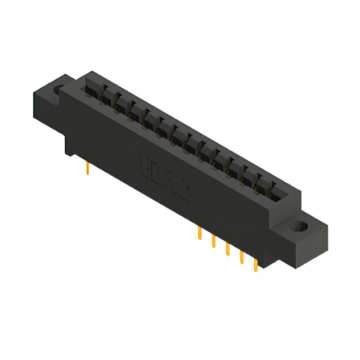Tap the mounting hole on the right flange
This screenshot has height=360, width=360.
[297, 228]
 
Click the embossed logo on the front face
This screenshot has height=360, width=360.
[164, 179]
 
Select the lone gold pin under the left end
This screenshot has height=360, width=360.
[88, 168]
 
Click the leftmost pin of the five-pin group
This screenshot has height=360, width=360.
[200, 233]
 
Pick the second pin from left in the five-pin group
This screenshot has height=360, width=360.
[214, 240]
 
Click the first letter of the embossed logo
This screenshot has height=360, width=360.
[144, 167]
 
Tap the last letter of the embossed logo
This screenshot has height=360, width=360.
[185, 192]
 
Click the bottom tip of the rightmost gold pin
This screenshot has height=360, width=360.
[256, 271]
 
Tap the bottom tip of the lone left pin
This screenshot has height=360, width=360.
[88, 174]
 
